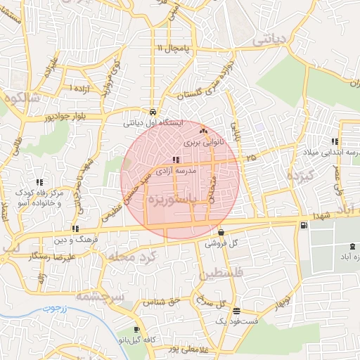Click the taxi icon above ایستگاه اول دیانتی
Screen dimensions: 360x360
click(x=153, y=111)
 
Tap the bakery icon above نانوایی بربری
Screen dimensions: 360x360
click(x=204, y=131)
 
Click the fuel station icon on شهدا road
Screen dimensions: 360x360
click(x=303, y=225)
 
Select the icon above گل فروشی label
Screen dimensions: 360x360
click(x=221, y=233)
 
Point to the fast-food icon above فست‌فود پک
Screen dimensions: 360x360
click(x=236, y=310)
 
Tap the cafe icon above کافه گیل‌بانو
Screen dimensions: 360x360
click(x=136, y=329)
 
